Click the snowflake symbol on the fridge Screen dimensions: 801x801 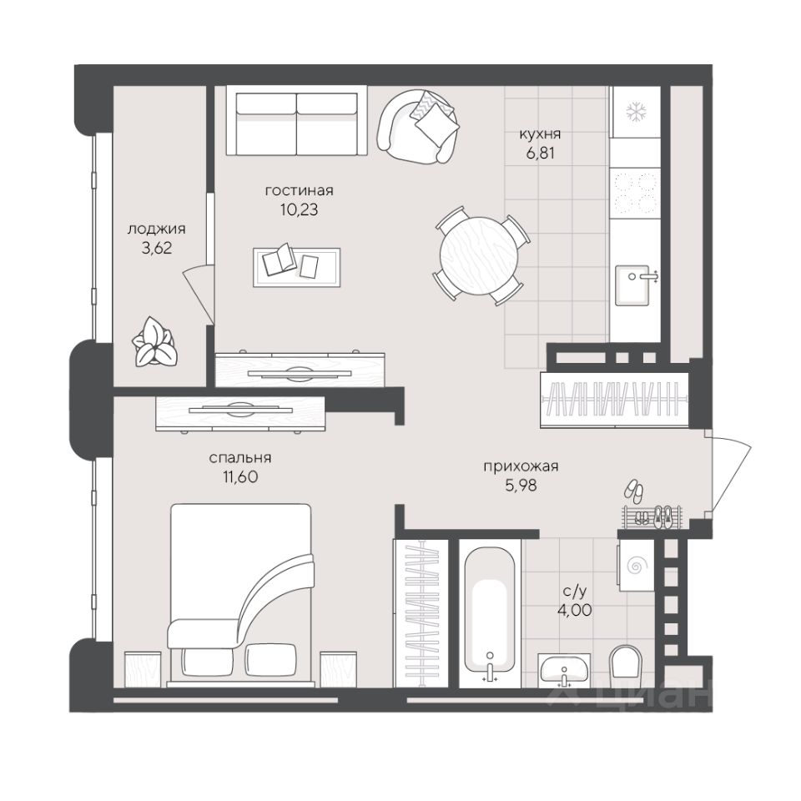pyautogui.click(x=637, y=111)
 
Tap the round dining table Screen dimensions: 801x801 pyautogui.click(x=479, y=255)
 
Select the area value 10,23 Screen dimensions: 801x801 pyautogui.click(x=300, y=209)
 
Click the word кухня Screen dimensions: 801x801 pyautogui.click(x=540, y=134)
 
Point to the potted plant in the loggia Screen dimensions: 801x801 pyautogui.click(x=154, y=341)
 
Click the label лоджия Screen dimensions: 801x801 pyautogui.click(x=156, y=229)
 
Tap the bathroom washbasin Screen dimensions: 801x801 pyautogui.click(x=565, y=669)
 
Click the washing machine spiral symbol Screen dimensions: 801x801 pyautogui.click(x=637, y=566)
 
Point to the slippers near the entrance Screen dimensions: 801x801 pyautogui.click(x=634, y=491)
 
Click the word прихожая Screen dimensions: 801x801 pyautogui.click(x=521, y=466)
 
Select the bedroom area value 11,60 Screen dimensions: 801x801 pyautogui.click(x=240, y=476)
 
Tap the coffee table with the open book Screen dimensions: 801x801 pyautogui.click(x=296, y=267)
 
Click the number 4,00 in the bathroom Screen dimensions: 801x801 pyautogui.click(x=575, y=609)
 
